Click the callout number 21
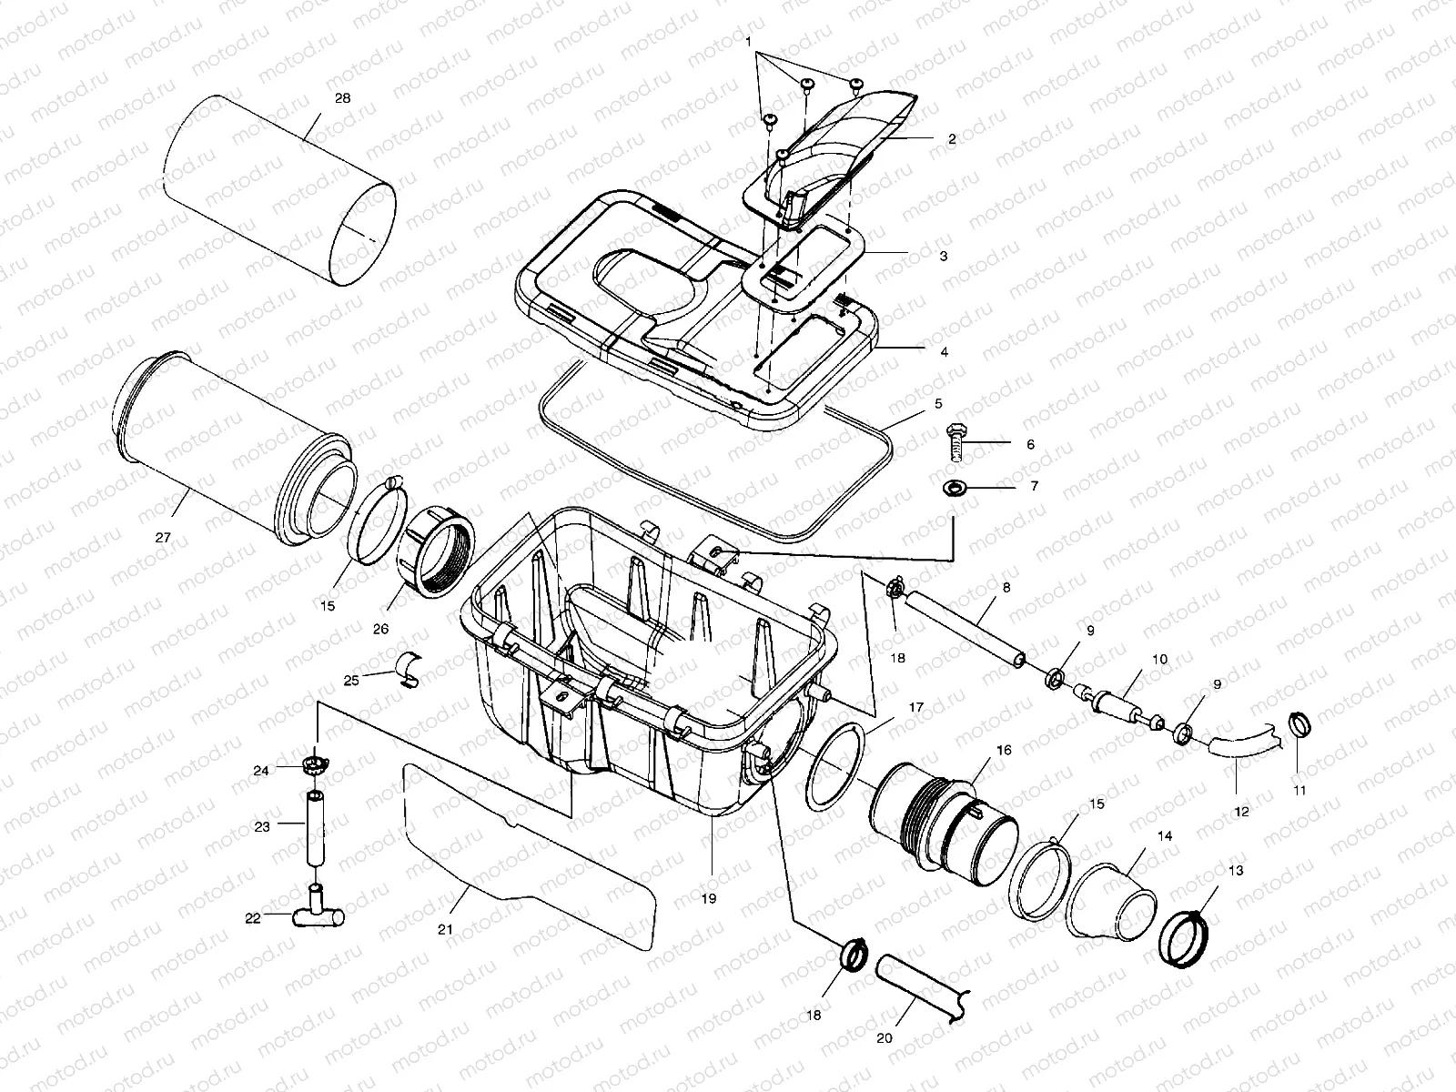445,929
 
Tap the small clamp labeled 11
1299,726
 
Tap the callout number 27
163,538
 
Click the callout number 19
709,898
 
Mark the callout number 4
944,351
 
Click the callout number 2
952,140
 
